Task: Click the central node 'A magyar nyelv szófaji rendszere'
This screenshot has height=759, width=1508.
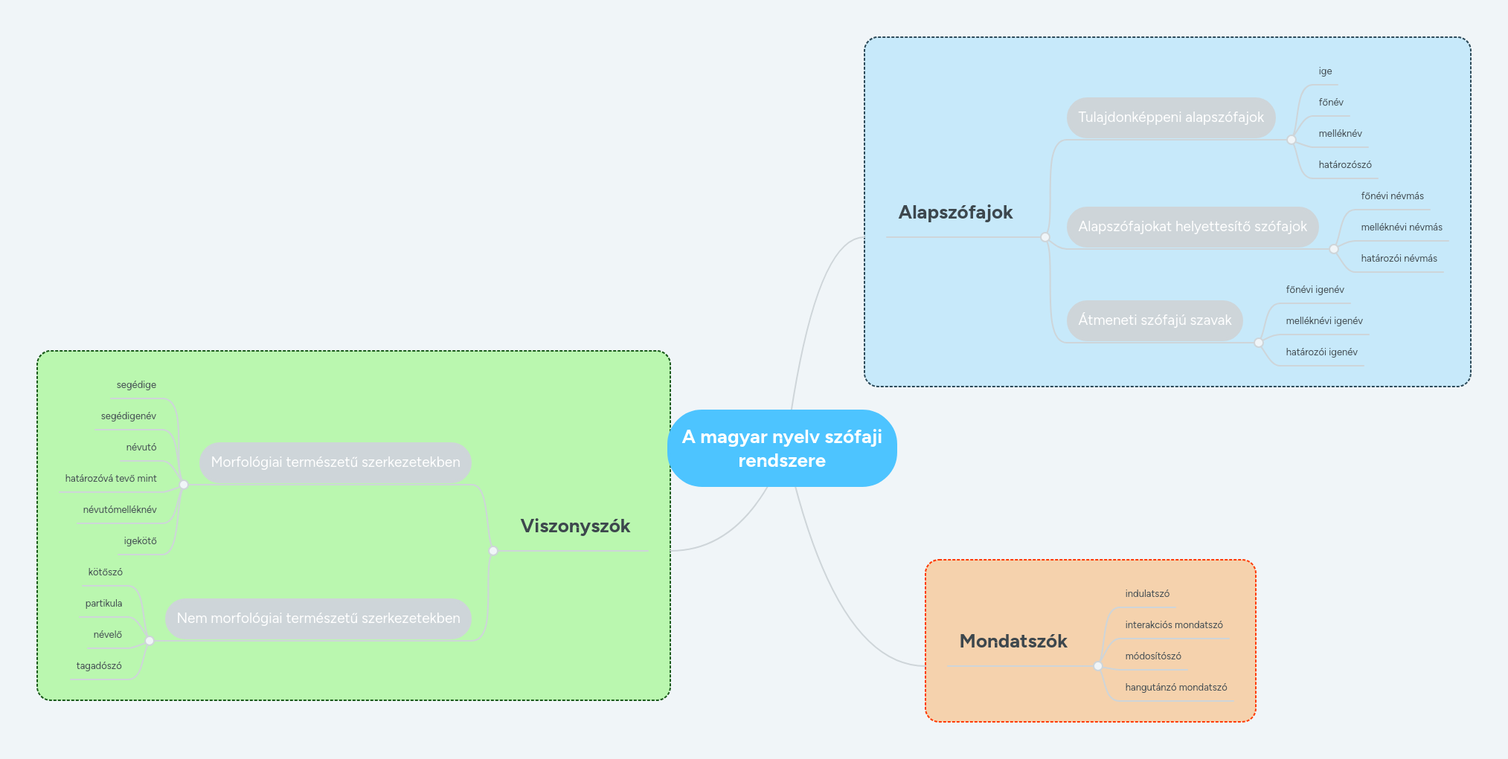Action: (782, 448)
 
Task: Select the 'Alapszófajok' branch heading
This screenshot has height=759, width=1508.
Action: (955, 213)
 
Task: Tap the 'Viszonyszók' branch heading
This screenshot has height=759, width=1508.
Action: (575, 526)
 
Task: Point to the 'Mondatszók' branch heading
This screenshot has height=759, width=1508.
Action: (1013, 642)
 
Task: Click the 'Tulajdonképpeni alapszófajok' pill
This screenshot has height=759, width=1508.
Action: (1171, 117)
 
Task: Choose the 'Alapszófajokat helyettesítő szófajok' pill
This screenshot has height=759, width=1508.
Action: (1192, 227)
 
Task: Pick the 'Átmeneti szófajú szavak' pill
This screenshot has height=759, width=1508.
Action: (1155, 320)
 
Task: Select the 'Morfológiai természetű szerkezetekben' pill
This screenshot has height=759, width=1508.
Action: (336, 462)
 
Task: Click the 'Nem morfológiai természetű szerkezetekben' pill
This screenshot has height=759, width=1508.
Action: (318, 618)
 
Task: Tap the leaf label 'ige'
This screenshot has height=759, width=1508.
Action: (1325, 71)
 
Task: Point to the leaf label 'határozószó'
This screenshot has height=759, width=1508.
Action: (1344, 165)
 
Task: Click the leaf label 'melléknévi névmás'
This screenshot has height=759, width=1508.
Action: (1401, 227)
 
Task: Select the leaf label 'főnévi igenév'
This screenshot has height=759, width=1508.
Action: (1315, 290)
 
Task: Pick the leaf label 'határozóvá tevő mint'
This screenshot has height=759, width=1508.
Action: (111, 479)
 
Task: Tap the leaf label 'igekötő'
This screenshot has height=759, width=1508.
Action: (140, 541)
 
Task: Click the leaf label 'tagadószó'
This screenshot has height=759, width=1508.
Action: (99, 666)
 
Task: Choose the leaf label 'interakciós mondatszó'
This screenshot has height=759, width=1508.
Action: (1173, 625)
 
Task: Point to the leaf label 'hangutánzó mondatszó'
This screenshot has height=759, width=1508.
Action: (1175, 688)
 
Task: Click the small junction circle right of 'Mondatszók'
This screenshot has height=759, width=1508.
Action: (1098, 666)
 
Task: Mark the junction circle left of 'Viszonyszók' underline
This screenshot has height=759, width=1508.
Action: (493, 551)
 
